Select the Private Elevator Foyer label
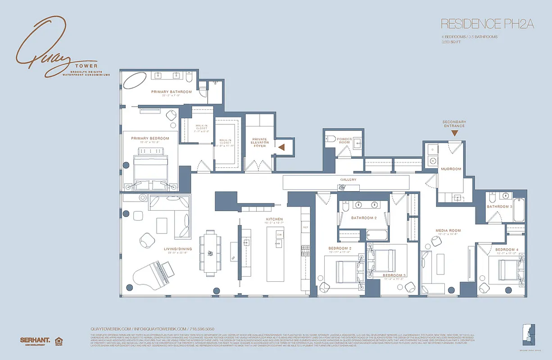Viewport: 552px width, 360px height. pyautogui.click(x=259, y=143)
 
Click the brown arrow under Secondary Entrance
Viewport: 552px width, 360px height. pyautogui.click(x=454, y=133)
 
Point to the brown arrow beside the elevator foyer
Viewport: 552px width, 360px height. pyautogui.click(x=282, y=147)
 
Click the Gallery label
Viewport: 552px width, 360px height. pyautogui.click(x=348, y=180)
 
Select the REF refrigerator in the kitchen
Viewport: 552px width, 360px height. pyautogui.click(x=305, y=228)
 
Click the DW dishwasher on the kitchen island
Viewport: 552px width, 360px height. pyautogui.click(x=279, y=235)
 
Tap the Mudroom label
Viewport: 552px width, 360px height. pyautogui.click(x=451, y=169)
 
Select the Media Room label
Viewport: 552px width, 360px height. pyautogui.click(x=448, y=231)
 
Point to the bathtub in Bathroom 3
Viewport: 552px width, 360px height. pyautogui.click(x=519, y=210)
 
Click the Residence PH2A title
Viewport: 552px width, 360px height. pyautogui.click(x=487, y=24)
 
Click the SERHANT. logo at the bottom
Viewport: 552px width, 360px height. pyautogui.click(x=35, y=340)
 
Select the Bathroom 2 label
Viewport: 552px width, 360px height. pyautogui.click(x=364, y=218)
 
